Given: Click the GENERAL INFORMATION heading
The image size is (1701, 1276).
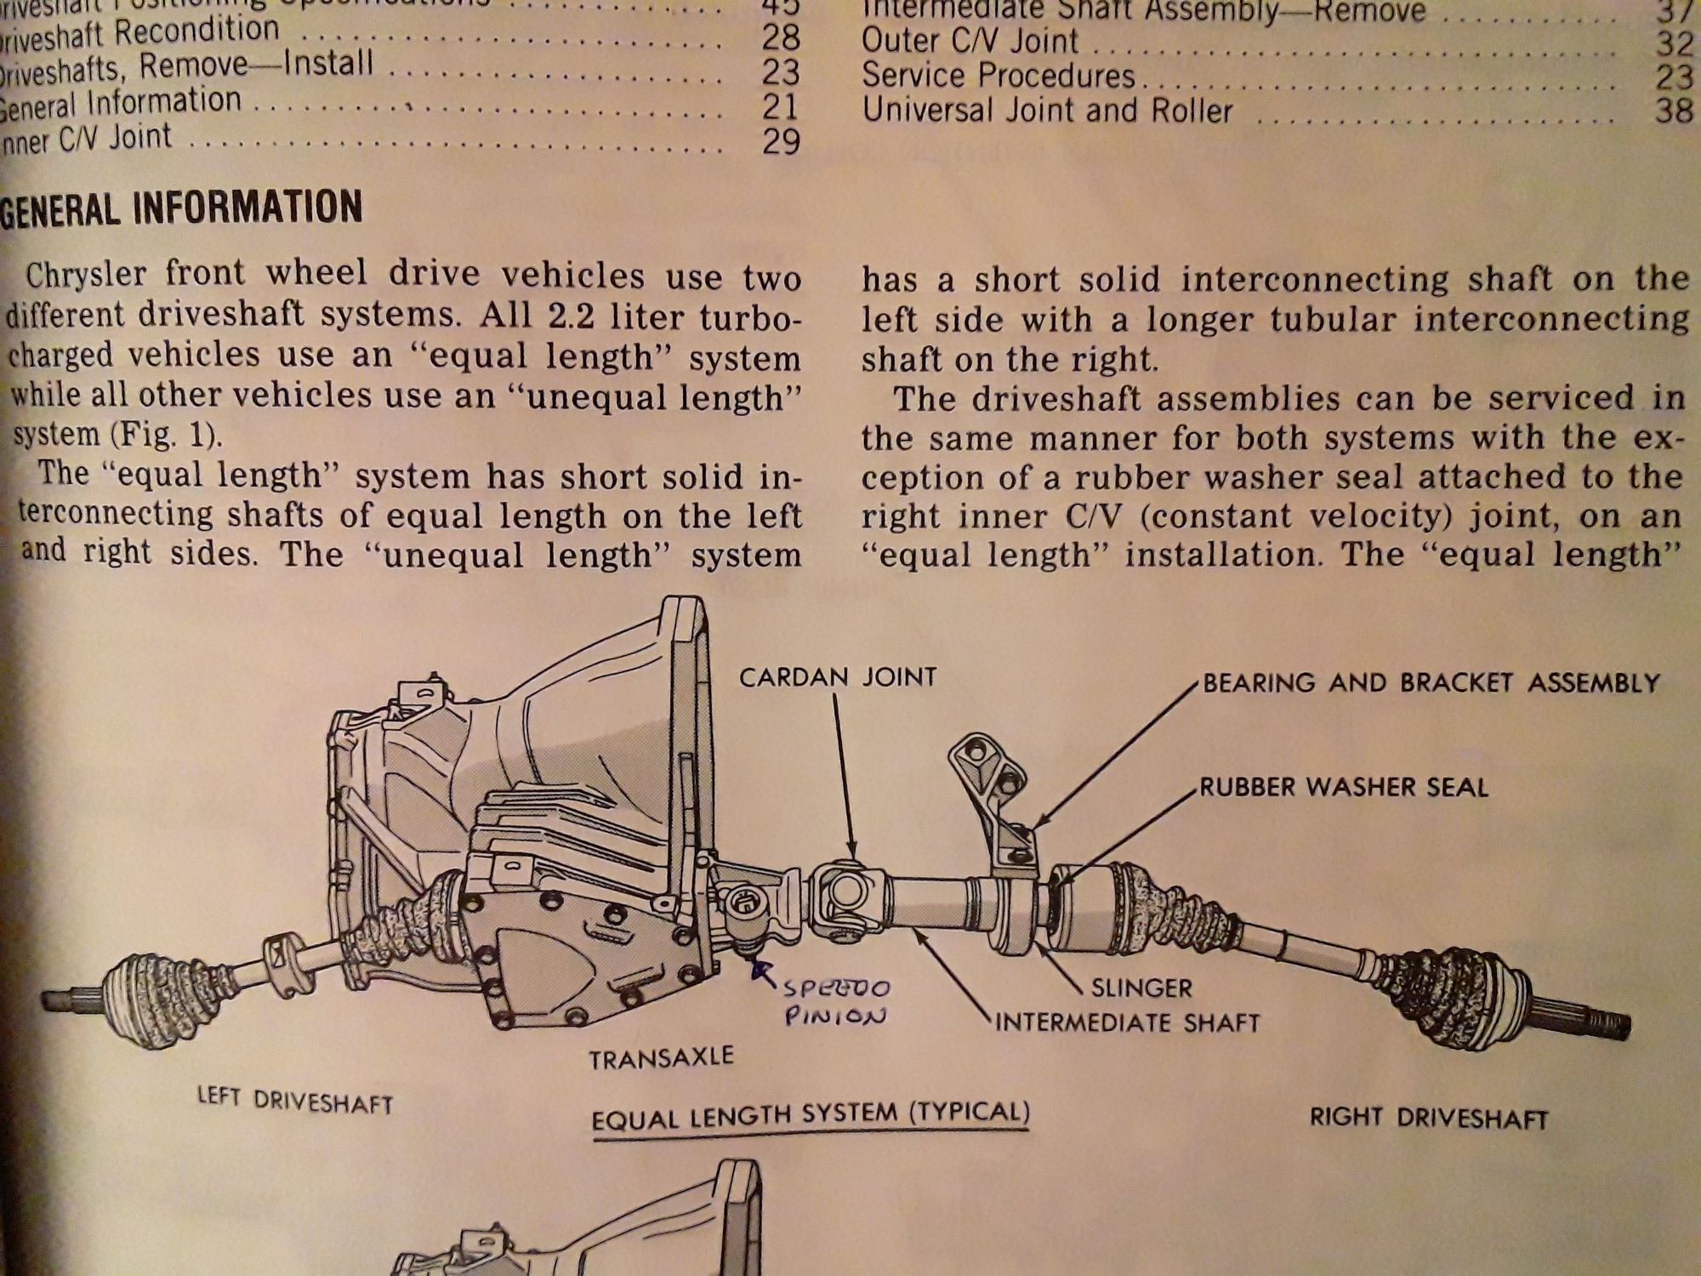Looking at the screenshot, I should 180,208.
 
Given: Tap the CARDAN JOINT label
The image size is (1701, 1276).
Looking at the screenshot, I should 838,677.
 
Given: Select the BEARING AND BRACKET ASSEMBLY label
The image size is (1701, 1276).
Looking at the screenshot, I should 1431,683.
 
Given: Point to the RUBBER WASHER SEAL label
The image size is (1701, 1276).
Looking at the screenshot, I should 1344,787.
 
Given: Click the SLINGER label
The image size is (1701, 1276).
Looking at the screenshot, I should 1141,988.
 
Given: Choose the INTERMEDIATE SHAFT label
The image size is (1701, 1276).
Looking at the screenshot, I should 1127,1022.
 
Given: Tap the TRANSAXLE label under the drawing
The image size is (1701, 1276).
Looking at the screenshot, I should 661,1058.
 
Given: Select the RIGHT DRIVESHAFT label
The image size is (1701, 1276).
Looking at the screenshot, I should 1428,1118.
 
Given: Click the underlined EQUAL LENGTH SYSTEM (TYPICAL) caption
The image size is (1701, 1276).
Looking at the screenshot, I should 811,1115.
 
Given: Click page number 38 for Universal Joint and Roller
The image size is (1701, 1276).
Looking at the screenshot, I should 1673,111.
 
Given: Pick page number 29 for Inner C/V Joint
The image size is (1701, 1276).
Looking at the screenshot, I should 780,141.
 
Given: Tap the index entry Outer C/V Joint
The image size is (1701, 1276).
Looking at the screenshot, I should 970,41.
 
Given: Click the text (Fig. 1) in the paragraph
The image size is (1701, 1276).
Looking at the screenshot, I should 165,435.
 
